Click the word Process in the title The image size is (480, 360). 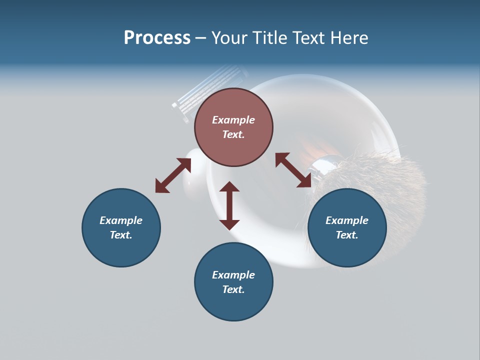(157, 37)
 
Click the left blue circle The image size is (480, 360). (121, 227)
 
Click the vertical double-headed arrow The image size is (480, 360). (229, 205)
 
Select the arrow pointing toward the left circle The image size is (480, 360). (173, 175)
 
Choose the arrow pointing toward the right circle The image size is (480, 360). (293, 170)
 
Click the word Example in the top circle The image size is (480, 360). (233, 120)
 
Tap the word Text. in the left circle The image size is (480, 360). (121, 235)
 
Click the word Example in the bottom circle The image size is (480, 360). (233, 275)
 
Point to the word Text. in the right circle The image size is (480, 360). (347, 235)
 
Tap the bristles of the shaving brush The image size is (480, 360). (390, 180)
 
